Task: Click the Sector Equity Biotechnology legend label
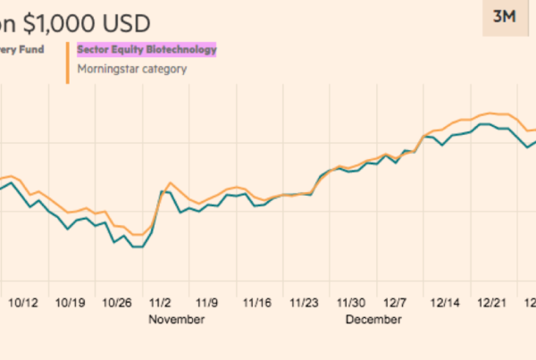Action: point(147,50)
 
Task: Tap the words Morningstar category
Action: point(131,69)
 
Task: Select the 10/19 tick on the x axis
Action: point(71,302)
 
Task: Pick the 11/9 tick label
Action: point(208,302)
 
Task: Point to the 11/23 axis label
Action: point(305,302)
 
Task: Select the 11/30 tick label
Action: point(353,302)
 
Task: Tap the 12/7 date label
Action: point(397,302)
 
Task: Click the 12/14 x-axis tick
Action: point(445,302)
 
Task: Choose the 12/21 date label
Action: point(493,302)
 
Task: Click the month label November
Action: point(177,319)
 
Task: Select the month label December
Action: point(373,319)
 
